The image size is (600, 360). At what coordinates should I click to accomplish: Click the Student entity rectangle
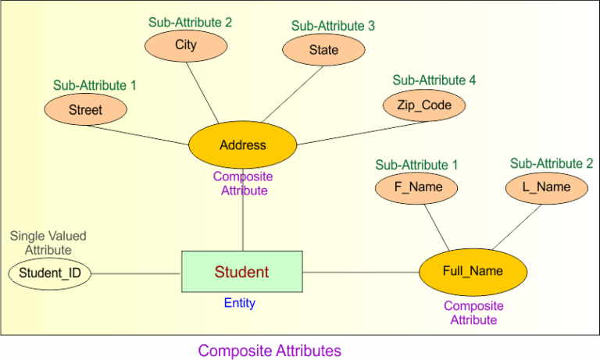coord(241,272)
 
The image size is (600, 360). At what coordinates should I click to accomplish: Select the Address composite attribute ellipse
coord(242,145)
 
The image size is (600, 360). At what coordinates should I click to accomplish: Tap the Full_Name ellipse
coord(472,271)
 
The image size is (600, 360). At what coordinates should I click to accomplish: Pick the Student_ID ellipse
coord(49,273)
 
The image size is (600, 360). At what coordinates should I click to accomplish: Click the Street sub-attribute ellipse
coord(85,110)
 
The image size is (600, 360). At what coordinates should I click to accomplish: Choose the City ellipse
coord(186,45)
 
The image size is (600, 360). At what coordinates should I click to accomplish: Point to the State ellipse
coord(323,50)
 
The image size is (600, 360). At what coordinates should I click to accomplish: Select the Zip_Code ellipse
coord(424,105)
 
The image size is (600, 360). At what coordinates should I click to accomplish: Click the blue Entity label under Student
coord(239,303)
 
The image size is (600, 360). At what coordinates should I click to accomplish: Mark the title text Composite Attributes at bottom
coord(270,350)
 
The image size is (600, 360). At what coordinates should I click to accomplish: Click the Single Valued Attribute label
coord(48,242)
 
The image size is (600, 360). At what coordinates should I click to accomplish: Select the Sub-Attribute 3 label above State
coord(333,26)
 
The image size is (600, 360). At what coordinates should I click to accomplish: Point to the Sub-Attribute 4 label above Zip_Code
coord(434,80)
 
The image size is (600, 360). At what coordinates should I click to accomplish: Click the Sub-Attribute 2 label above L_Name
coord(551,163)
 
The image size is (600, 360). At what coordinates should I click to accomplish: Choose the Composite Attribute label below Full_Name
coord(473,312)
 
